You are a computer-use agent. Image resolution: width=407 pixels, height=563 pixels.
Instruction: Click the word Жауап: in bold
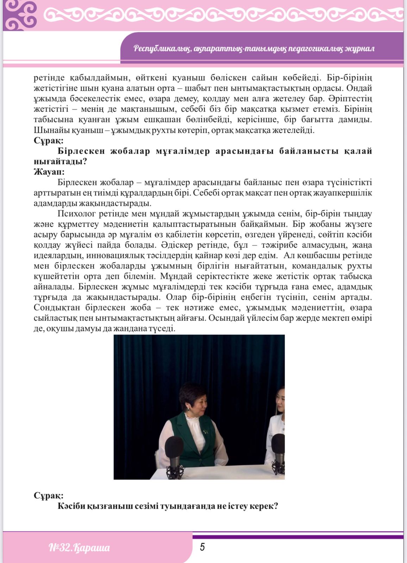pos(49,172)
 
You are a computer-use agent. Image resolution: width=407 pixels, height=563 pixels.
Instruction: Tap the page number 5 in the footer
pos(202,547)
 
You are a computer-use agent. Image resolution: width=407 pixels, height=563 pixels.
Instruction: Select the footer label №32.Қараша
pos(79,548)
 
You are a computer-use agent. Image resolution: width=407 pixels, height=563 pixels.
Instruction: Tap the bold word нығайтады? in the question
pos(60,162)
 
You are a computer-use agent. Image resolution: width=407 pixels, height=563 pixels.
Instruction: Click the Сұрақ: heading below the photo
pos(49,496)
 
